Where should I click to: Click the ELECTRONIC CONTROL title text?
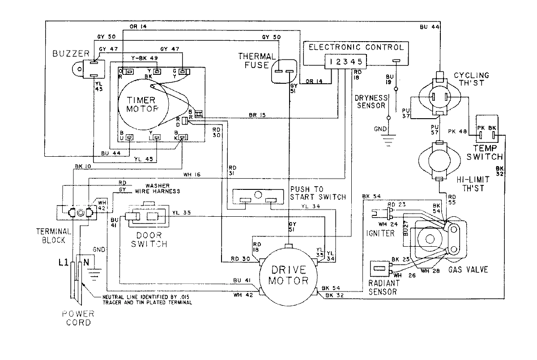[356, 47]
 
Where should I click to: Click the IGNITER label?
[379, 233]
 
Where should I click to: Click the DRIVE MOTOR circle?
[288, 275]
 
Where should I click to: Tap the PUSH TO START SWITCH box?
[259, 196]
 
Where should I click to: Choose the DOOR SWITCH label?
[147, 240]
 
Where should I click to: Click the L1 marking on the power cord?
[64, 263]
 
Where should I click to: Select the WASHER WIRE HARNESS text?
[157, 189]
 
